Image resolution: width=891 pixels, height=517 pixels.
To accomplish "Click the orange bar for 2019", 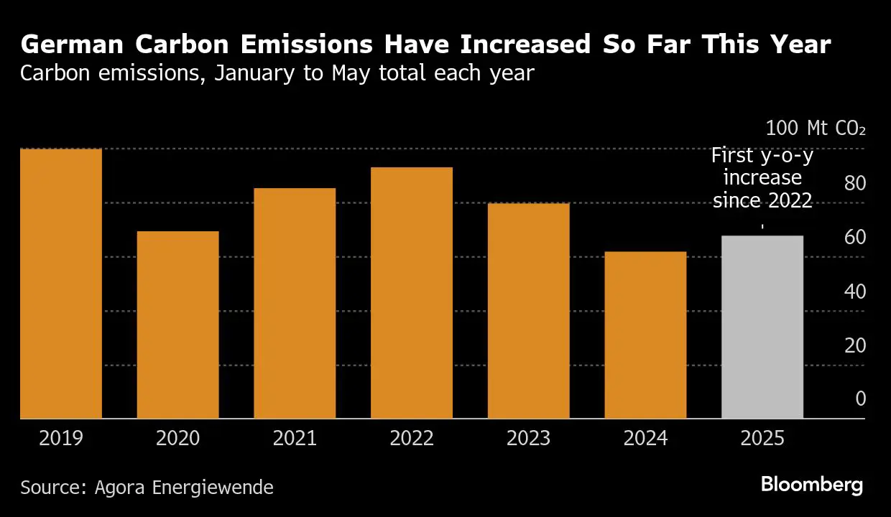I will (61, 284).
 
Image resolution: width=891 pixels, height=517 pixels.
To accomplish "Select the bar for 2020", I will (177, 325).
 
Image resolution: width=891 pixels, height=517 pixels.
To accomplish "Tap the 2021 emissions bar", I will (295, 303).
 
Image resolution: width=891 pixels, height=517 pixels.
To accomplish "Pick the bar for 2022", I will (412, 293).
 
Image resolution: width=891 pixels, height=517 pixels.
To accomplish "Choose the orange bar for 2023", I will (528, 311).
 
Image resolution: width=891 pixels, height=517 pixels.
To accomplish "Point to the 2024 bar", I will (645, 335).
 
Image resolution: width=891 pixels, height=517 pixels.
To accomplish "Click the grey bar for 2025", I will (762, 327).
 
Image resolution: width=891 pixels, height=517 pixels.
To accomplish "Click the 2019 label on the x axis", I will (61, 438).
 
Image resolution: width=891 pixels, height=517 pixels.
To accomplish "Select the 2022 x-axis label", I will (412, 438).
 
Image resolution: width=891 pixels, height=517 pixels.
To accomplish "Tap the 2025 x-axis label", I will (762, 438).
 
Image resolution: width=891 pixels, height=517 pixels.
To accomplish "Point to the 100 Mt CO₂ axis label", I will (816, 129).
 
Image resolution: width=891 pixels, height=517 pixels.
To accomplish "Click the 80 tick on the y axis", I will (855, 183).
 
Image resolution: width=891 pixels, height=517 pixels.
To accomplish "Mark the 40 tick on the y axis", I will (855, 292).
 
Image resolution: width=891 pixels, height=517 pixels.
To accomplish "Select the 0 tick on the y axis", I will (861, 399).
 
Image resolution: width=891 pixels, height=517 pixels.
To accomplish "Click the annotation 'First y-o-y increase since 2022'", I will (762, 177).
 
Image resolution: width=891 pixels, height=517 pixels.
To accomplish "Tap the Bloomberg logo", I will (812, 485).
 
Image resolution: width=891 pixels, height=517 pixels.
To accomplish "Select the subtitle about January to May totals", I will (277, 73).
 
